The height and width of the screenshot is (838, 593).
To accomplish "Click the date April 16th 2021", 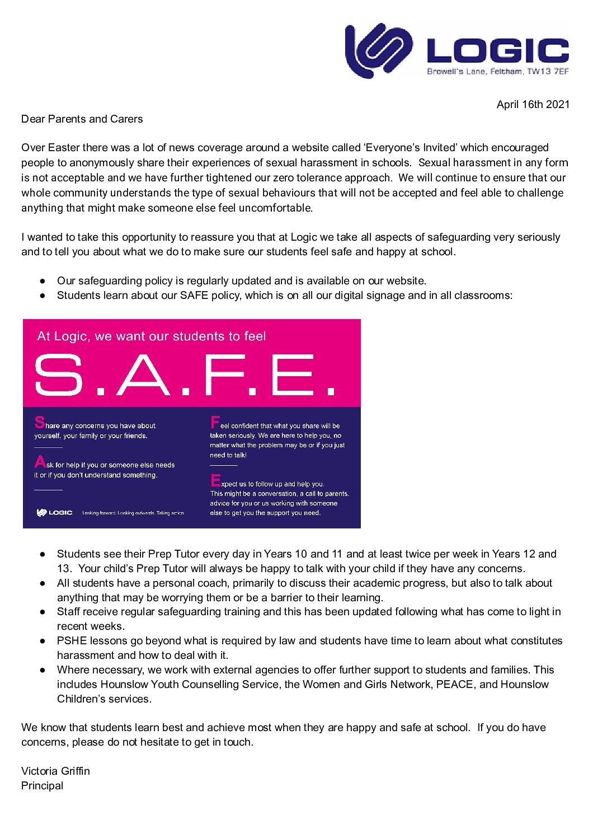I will [533, 105].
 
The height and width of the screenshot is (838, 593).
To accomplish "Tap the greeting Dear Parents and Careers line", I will [82, 119].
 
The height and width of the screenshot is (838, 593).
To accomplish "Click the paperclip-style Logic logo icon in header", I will [378, 50].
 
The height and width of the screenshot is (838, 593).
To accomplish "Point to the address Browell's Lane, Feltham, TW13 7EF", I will [497, 72].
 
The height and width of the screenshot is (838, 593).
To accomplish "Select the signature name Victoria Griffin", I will [55, 771].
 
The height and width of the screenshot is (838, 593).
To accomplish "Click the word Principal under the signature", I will [42, 785].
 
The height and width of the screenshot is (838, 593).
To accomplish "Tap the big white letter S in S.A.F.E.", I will [58, 374].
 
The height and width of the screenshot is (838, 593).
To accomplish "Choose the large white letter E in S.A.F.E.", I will [295, 374].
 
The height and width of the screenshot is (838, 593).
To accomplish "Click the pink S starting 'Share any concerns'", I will [39, 422].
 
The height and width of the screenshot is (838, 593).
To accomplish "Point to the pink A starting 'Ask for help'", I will [40, 462].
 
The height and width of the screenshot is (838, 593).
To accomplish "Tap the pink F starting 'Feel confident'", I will [215, 422].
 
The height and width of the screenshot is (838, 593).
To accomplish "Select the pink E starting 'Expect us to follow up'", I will [215, 480].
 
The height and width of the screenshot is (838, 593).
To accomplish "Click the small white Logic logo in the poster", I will [54, 513].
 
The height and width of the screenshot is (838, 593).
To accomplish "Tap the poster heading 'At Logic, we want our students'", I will [151, 336].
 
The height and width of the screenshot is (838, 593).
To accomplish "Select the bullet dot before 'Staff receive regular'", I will [43, 612].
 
